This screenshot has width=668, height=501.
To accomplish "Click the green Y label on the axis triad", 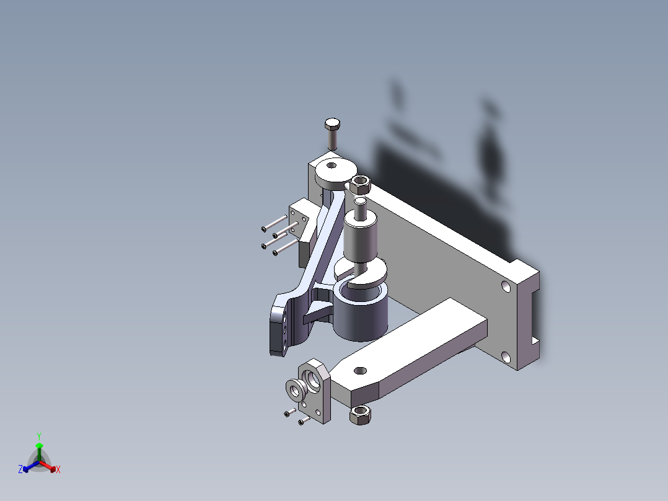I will coord(39,436).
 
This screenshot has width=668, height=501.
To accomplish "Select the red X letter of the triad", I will coord(58,470).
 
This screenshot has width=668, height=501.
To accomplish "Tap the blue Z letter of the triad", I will coord(20,470).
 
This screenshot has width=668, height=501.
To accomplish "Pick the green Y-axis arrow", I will coord(39,448).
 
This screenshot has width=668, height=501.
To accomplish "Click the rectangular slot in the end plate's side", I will coord(534,316).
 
